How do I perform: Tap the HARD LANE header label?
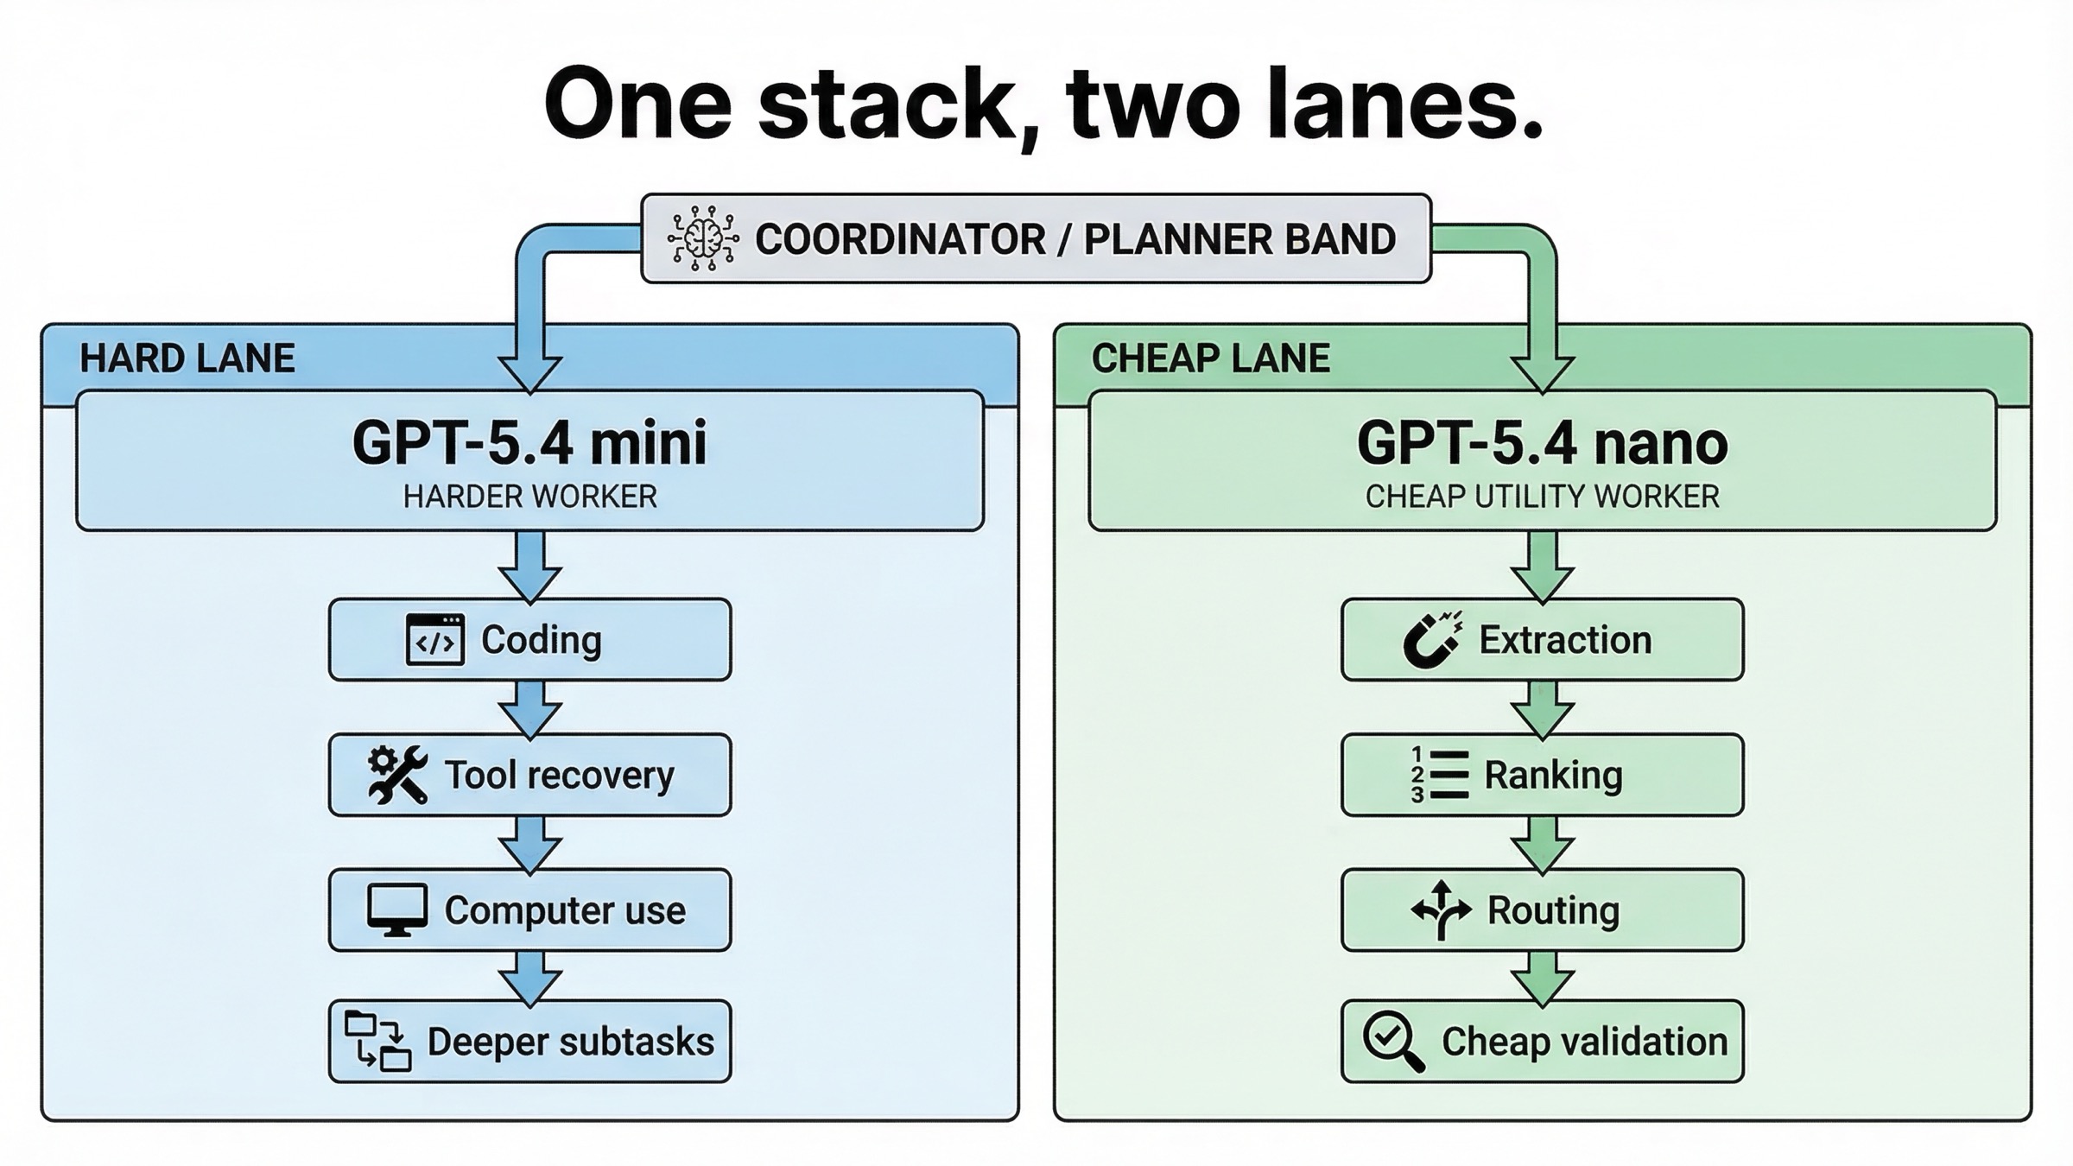point(187,358)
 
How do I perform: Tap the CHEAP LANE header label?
point(1210,358)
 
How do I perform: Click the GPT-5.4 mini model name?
point(529,443)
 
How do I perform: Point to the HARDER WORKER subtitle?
point(529,497)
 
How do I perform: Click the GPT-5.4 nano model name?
point(1542,443)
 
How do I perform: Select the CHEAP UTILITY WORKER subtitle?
point(1542,497)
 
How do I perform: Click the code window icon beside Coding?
point(435,640)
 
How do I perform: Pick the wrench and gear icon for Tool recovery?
point(397,775)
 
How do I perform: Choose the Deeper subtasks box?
point(529,1042)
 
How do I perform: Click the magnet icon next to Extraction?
point(1432,640)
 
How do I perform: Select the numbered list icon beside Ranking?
point(1438,775)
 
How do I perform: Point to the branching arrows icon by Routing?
point(1441,910)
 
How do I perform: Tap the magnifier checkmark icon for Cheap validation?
point(1392,1042)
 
